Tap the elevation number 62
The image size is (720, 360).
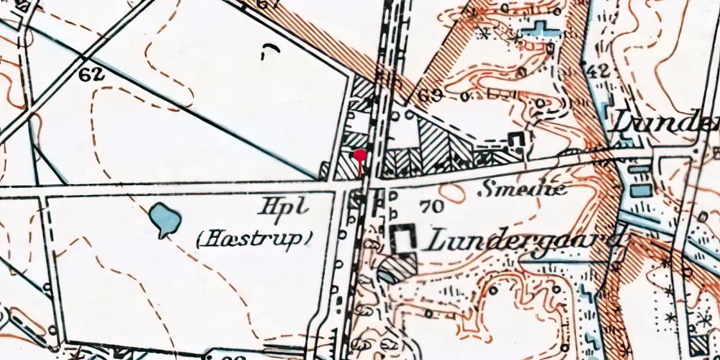pyautogui.click(x=94, y=74)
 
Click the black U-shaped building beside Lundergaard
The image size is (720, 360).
pyautogui.click(x=405, y=238)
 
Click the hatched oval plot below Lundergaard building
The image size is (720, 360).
pyautogui.click(x=392, y=271)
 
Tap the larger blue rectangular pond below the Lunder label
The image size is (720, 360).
pyautogui.click(x=640, y=190)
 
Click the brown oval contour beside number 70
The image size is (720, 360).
pyautogui.click(x=453, y=192)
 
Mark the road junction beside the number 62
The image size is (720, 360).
pyautogui.click(x=84, y=58)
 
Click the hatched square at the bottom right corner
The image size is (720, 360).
pyautogui.click(x=698, y=345)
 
